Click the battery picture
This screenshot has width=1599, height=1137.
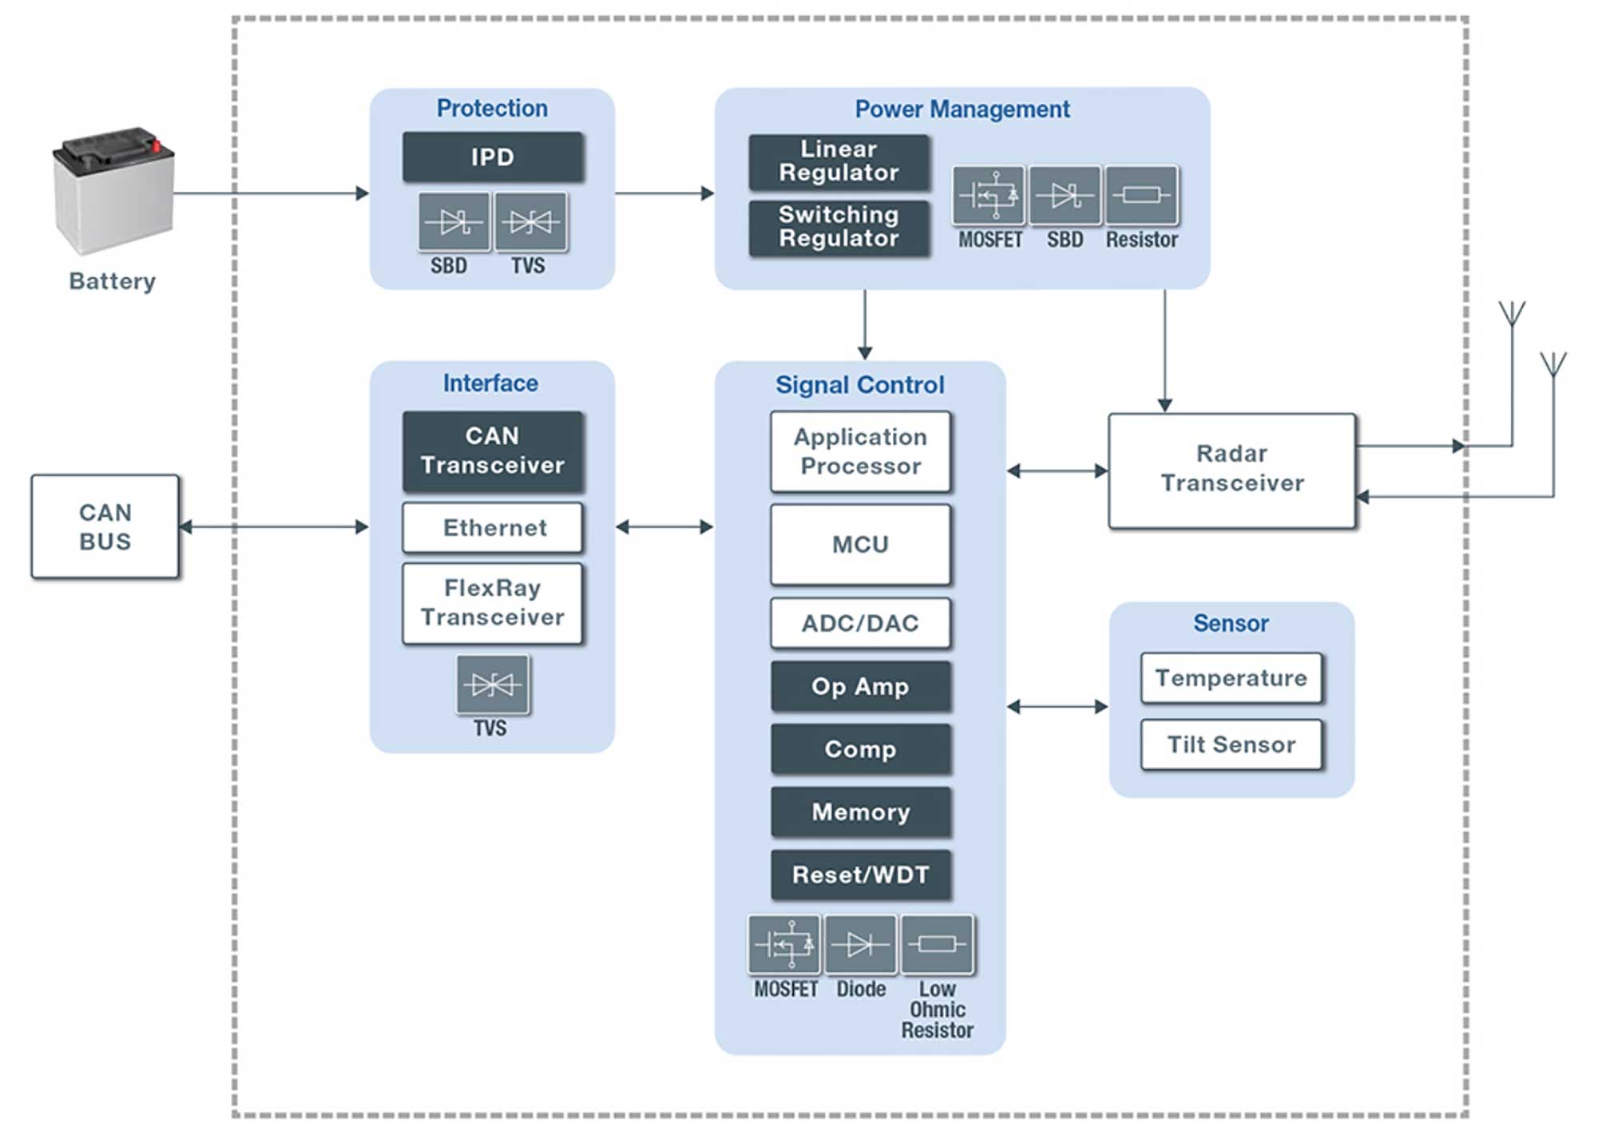click(114, 190)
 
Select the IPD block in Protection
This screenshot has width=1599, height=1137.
click(492, 157)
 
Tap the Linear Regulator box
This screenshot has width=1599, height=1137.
click(839, 162)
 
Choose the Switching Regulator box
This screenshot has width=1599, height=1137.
click(839, 227)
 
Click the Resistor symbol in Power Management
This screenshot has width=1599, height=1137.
click(1142, 195)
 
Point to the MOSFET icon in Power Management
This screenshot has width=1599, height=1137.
click(988, 195)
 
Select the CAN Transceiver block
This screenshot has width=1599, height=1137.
click(492, 451)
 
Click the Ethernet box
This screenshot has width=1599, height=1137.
click(492, 528)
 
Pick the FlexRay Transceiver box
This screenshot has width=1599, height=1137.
click(492, 603)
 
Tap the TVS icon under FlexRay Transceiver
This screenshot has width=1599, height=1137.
click(492, 684)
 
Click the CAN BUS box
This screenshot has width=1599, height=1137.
click(105, 527)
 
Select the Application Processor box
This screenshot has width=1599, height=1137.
click(860, 452)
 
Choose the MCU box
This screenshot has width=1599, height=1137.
click(860, 545)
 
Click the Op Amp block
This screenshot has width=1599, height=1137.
click(860, 687)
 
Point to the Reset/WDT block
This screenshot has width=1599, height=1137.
click(860, 875)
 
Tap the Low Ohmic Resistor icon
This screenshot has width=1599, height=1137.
click(937, 945)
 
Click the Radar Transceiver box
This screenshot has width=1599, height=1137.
click(1231, 469)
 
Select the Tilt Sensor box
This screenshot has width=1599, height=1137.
click(1231, 744)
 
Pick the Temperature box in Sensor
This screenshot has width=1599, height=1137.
click(1231, 678)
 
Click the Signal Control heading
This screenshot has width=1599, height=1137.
click(859, 385)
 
